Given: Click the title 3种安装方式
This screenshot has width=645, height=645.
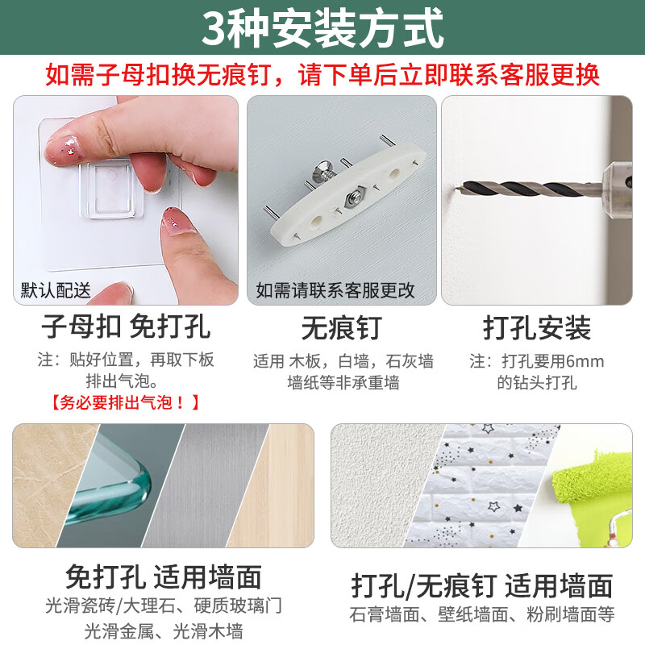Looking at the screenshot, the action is [322, 28].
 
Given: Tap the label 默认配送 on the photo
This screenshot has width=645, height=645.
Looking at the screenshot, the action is [56, 290].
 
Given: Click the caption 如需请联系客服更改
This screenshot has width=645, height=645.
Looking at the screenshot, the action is [335, 290].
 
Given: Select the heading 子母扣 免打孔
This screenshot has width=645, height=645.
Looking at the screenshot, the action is [126, 327].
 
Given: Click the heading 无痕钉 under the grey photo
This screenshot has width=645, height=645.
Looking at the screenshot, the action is [341, 328].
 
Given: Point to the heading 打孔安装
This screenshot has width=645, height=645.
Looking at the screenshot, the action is [537, 328].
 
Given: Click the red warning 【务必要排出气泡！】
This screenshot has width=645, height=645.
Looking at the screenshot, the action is [126, 402].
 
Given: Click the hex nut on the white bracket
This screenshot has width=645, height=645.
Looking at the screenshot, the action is [355, 198].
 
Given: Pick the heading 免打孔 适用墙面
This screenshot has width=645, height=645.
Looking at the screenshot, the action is [164, 576].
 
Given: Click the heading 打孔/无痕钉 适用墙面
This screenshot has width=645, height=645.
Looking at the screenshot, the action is [482, 585].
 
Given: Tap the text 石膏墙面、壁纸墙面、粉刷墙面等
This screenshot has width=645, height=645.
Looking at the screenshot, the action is [482, 614].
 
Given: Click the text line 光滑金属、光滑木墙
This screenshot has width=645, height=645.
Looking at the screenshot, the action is [164, 631].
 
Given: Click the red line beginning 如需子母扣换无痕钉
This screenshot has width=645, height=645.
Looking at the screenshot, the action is [322, 75].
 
